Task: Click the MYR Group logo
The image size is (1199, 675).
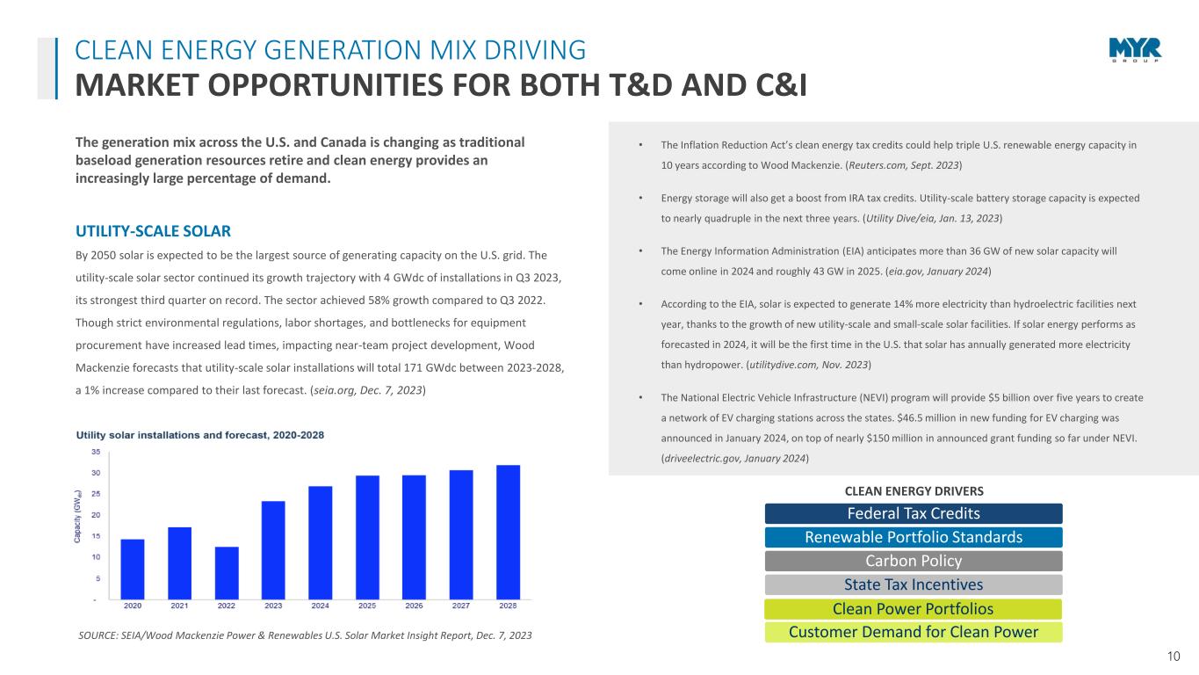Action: (1135, 51)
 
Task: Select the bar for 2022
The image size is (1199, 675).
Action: (227, 572)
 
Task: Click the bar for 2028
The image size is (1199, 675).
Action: (508, 532)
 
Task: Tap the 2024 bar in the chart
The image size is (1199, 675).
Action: (321, 542)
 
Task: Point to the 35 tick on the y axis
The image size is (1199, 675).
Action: (94, 452)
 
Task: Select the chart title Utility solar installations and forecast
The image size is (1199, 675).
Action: (200, 434)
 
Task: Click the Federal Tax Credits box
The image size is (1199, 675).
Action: (914, 513)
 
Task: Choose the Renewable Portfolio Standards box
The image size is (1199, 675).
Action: (914, 537)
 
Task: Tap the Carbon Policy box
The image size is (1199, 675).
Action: (914, 561)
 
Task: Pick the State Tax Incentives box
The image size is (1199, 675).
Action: (914, 584)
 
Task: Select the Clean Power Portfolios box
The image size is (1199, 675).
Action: (914, 608)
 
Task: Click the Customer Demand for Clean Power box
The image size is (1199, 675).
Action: (914, 632)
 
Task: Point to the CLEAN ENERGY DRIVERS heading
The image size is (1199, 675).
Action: (914, 490)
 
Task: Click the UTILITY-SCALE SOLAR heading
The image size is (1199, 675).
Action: (154, 231)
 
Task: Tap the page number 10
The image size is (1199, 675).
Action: (1174, 655)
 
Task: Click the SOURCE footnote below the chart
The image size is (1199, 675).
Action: (305, 635)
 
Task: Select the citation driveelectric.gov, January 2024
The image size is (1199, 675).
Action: (734, 459)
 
